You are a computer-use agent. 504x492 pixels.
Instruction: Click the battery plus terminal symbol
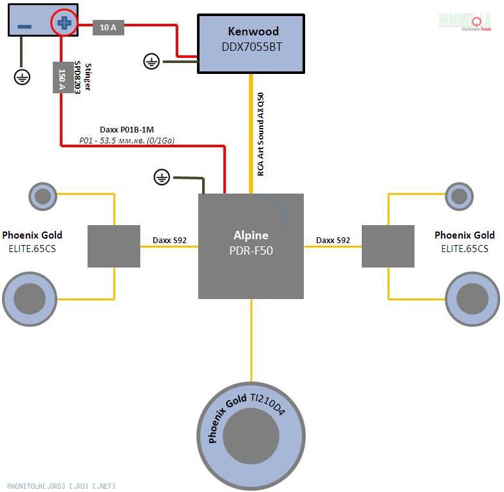click(63, 24)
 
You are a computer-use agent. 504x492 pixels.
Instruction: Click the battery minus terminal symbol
click(24, 26)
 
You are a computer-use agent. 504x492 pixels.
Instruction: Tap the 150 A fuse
click(62, 77)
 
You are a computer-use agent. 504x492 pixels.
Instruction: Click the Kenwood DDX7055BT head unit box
click(250, 44)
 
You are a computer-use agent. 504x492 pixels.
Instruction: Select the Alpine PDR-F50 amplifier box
click(251, 246)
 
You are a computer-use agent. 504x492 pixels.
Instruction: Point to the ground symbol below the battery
click(22, 77)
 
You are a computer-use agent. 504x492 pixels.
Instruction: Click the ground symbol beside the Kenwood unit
click(151, 62)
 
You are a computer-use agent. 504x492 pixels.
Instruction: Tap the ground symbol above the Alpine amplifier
click(162, 177)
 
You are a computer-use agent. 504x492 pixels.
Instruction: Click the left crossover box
click(114, 246)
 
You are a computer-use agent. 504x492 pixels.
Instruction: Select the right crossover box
click(387, 246)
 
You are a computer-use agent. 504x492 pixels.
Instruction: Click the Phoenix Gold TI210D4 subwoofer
click(251, 437)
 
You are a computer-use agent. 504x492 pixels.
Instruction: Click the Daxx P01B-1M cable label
click(127, 129)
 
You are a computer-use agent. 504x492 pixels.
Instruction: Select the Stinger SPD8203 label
click(82, 78)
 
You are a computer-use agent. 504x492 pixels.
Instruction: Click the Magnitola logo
click(465, 21)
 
